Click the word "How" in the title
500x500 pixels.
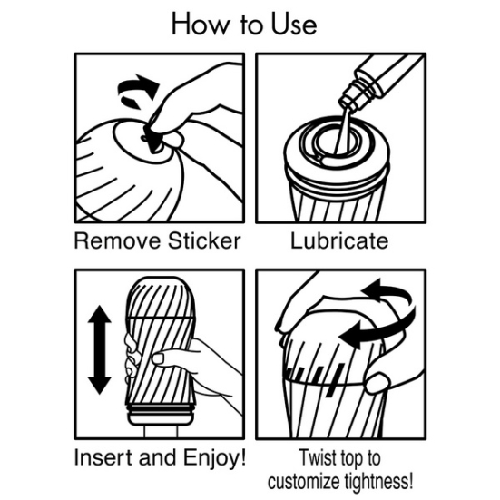[x=201, y=25]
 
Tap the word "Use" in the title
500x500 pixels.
[x=294, y=25]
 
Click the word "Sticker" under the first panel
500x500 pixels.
[x=204, y=240]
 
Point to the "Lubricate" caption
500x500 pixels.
[x=339, y=240]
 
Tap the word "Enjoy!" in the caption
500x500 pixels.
[x=214, y=458]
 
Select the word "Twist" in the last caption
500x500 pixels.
[x=318, y=458]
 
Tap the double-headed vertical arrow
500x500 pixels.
[x=99, y=349]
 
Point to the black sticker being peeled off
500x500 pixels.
[x=153, y=140]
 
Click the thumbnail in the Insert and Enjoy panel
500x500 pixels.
[x=159, y=358]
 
